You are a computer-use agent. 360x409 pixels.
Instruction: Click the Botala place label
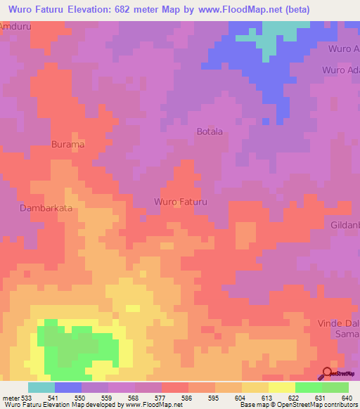[210, 131]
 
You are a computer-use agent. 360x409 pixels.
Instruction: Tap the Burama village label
[67, 144]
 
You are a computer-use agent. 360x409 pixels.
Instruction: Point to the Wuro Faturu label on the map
[181, 202]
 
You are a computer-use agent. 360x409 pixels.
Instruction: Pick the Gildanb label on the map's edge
[345, 225]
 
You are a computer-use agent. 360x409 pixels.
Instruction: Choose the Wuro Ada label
[340, 70]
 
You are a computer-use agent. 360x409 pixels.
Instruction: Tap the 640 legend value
[348, 398]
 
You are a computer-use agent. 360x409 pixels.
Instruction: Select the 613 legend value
[268, 398]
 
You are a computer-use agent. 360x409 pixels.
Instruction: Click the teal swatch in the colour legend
[41, 387]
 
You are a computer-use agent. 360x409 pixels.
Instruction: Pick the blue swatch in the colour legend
[68, 387]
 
